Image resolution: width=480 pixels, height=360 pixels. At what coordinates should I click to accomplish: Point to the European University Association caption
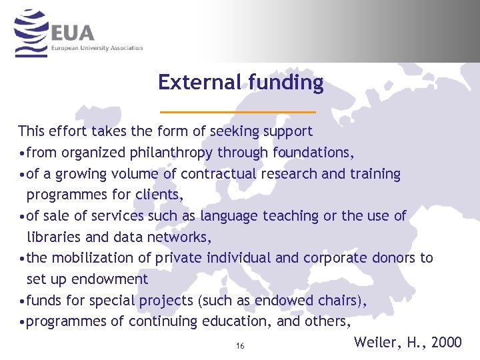pos(97,48)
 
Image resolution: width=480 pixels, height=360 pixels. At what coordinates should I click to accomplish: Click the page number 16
pos(240,346)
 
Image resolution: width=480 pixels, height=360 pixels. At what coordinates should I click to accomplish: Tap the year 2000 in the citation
pos(446,342)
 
